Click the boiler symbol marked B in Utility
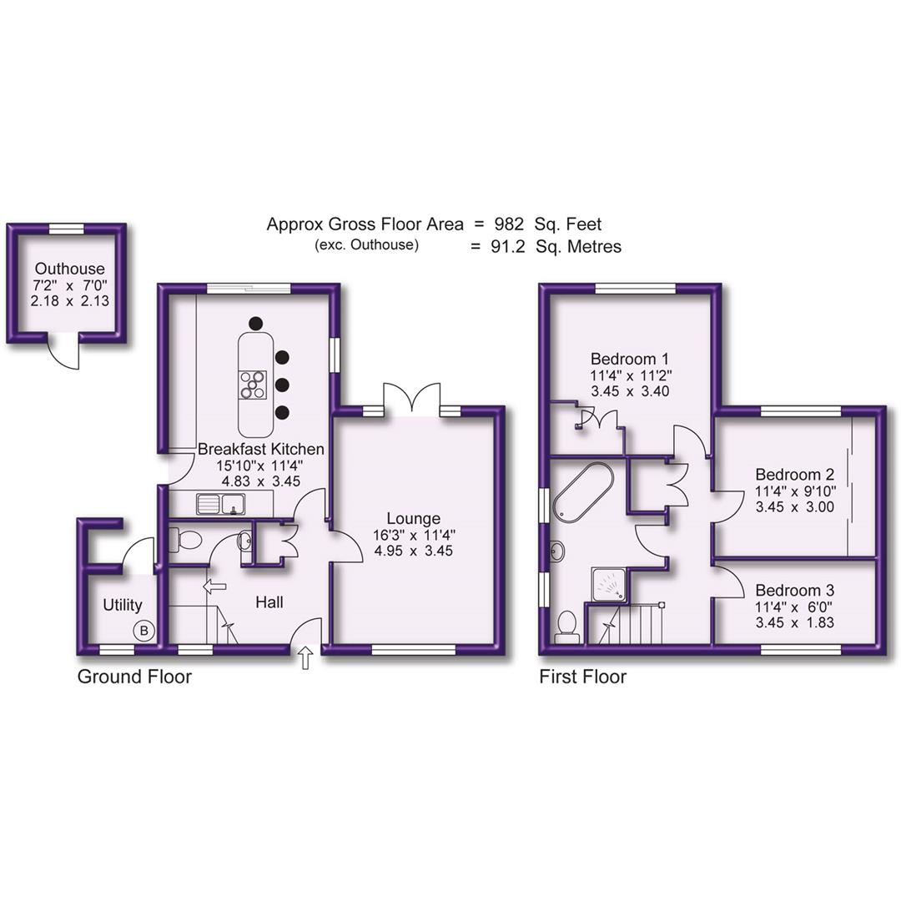pyautogui.click(x=143, y=631)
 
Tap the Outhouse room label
pyautogui.click(x=69, y=269)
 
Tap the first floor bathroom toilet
pyautogui.click(x=567, y=626)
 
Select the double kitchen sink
pyautogui.click(x=221, y=502)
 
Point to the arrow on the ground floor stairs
pyautogui.click(x=214, y=586)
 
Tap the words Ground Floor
pyautogui.click(x=134, y=677)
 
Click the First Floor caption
pyautogui.click(x=582, y=677)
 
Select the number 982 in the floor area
pyautogui.click(x=507, y=224)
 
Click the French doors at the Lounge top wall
pyautogui.click(x=410, y=397)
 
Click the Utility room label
pyautogui.click(x=122, y=605)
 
